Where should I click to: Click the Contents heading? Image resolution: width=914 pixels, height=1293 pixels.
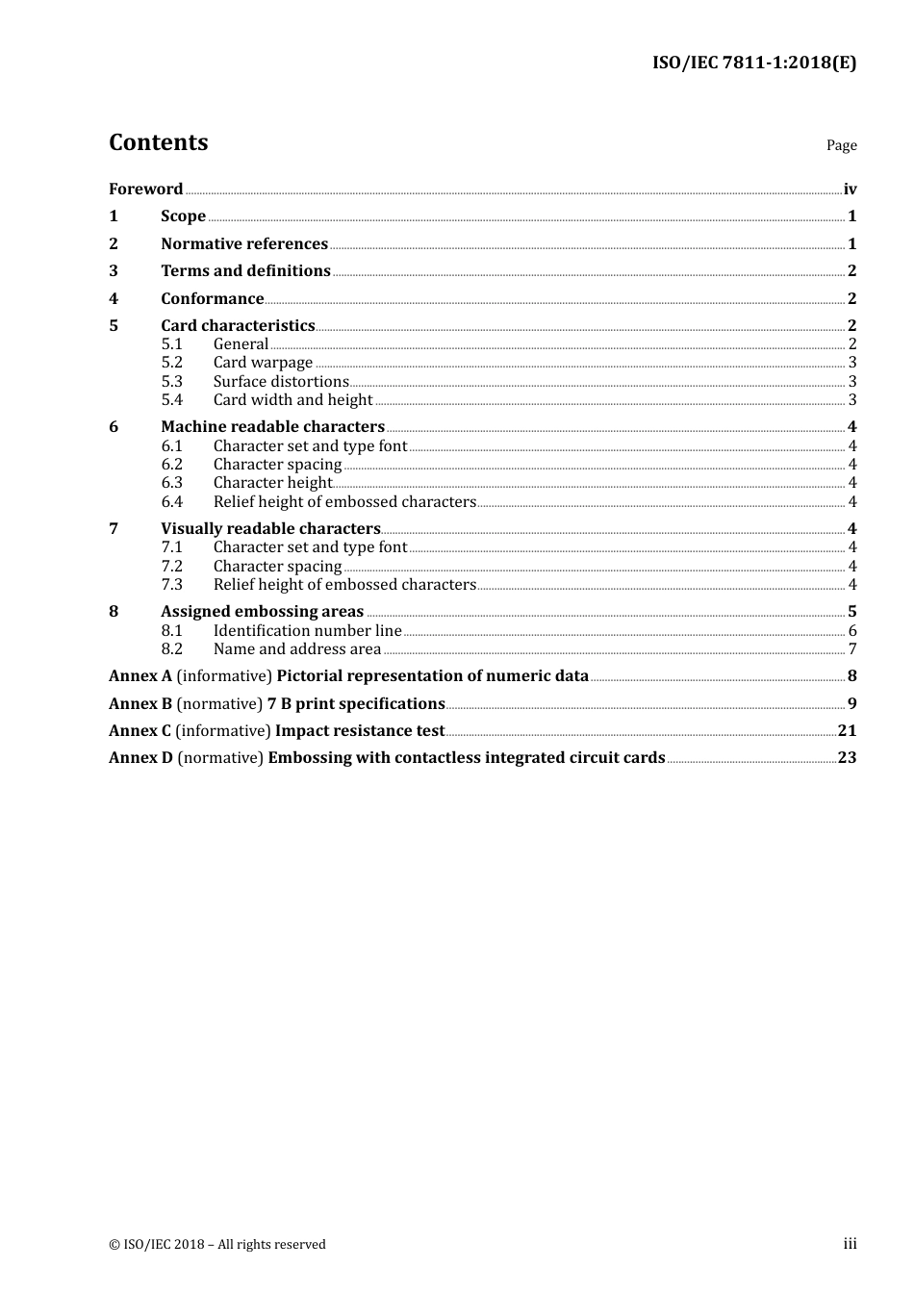click(x=158, y=142)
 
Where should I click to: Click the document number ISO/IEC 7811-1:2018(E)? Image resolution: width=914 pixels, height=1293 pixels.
click(x=753, y=63)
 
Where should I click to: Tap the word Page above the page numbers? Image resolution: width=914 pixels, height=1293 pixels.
click(x=841, y=145)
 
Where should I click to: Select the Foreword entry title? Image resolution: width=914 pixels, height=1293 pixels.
click(x=145, y=190)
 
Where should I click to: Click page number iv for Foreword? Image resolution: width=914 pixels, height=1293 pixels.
click(x=850, y=190)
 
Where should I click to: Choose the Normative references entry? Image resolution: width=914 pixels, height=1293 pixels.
click(x=244, y=244)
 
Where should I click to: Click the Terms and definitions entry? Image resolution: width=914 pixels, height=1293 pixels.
click(x=245, y=271)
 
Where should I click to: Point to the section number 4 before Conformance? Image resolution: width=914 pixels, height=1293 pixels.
click(x=114, y=299)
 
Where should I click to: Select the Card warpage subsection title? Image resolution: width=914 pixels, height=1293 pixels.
click(x=263, y=363)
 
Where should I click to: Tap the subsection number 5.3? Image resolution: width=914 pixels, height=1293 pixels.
click(x=171, y=382)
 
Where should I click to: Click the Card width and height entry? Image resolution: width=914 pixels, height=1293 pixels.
click(x=292, y=400)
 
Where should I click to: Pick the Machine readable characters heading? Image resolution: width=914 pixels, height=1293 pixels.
click(x=272, y=427)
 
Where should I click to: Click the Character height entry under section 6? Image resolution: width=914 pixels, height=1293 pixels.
click(x=272, y=483)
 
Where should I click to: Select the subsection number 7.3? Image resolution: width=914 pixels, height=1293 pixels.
click(x=171, y=585)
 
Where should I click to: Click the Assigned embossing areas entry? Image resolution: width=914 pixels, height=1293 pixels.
click(x=262, y=612)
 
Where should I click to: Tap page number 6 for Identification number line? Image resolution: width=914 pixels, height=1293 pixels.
click(x=852, y=631)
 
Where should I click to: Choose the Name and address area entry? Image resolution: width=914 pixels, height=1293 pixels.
click(x=297, y=649)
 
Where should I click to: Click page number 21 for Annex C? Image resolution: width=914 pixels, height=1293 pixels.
click(x=847, y=731)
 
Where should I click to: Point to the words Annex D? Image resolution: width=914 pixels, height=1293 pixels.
click(x=140, y=758)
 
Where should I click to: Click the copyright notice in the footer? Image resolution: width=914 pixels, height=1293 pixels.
click(x=217, y=1245)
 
